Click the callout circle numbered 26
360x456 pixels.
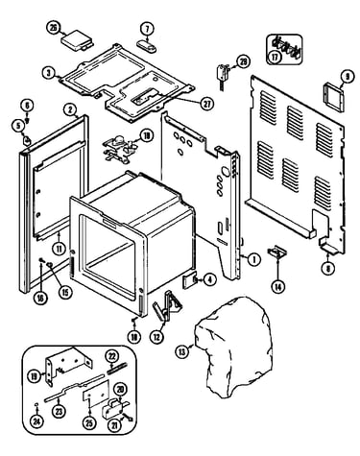[53, 28]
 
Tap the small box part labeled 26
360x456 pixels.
[76, 41]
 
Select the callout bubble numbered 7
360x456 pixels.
[147, 29]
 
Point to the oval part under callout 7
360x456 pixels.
[147, 45]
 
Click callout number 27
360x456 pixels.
[206, 104]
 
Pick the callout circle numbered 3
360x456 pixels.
[49, 73]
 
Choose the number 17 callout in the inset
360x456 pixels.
[275, 57]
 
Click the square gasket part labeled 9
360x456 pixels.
[334, 96]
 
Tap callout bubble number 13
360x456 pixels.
[182, 352]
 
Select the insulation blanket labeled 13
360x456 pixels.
[234, 348]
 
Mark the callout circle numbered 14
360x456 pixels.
[277, 286]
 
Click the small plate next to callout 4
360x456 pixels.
[190, 280]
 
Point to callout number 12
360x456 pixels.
[156, 337]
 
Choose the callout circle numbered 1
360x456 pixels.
[254, 259]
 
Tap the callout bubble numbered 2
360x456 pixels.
[69, 109]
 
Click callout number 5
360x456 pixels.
[18, 126]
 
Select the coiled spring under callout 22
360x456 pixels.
[113, 367]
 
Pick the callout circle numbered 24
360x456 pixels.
[37, 421]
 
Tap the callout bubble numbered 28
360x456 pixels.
[244, 61]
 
